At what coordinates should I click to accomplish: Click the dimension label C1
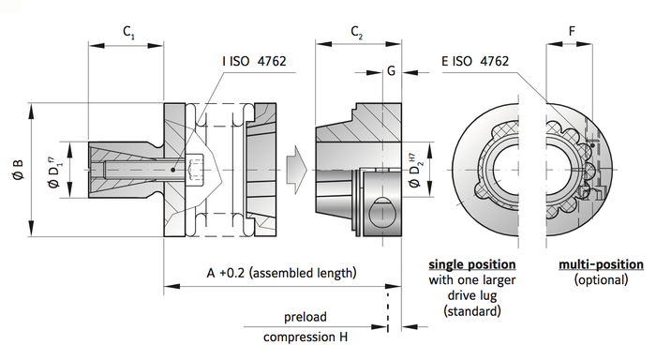(x=129, y=32)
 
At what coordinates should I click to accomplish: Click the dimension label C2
(x=357, y=32)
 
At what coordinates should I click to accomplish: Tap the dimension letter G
(x=391, y=70)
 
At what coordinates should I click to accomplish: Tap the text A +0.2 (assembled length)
(x=282, y=274)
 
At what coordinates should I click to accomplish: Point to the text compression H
(x=306, y=337)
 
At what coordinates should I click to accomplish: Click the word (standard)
(x=470, y=310)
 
